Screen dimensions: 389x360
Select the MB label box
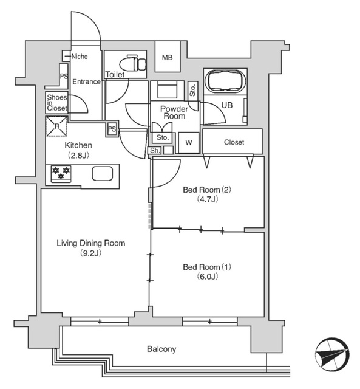click(167, 58)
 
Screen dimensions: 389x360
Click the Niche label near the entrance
click(80, 57)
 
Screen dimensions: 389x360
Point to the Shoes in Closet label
click(57, 102)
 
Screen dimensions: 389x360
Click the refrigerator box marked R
click(57, 127)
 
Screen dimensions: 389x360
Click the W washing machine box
click(189, 142)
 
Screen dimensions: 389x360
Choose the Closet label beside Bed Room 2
click(234, 142)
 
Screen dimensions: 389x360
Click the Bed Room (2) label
click(208, 189)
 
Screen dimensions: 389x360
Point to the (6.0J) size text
click(208, 277)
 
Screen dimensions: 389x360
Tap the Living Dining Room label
click(90, 243)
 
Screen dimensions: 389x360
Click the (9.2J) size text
click(90, 253)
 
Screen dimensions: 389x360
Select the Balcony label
click(161, 349)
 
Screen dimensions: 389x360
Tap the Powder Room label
click(174, 112)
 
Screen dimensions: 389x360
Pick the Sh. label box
click(155, 150)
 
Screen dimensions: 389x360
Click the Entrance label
click(86, 81)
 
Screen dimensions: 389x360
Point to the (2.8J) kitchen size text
click(78, 155)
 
